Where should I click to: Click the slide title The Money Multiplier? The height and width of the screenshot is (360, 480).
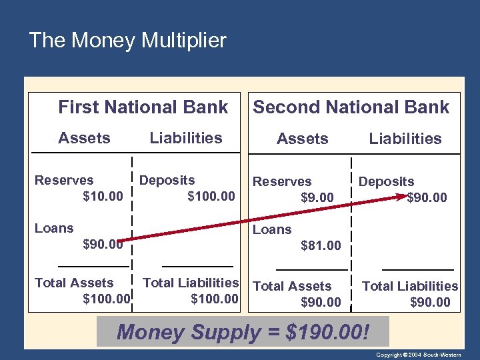[127, 41]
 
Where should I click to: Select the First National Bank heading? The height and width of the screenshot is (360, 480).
[143, 107]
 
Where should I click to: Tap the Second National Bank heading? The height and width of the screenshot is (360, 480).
[351, 107]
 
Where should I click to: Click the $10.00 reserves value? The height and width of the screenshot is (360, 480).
[103, 196]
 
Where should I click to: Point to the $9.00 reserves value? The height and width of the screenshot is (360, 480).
[317, 197]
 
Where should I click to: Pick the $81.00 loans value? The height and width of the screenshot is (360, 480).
[321, 245]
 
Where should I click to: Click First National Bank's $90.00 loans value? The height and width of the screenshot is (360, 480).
[103, 244]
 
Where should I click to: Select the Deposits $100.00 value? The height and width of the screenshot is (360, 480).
[211, 196]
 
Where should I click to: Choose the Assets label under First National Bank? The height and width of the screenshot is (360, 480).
[84, 138]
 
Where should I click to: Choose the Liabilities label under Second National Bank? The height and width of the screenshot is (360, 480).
[405, 139]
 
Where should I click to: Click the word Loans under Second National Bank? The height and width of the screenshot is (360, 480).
[272, 229]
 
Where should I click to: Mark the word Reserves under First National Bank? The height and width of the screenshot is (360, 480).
[64, 180]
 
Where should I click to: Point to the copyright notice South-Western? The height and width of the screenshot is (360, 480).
[427, 355]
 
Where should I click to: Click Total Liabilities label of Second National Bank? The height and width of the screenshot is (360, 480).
[410, 286]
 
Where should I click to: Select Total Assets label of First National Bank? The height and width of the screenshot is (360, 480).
[74, 283]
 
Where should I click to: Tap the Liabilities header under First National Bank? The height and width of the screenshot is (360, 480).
[186, 138]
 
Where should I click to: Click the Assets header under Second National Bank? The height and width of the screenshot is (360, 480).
[303, 139]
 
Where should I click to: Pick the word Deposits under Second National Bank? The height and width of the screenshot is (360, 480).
[386, 181]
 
